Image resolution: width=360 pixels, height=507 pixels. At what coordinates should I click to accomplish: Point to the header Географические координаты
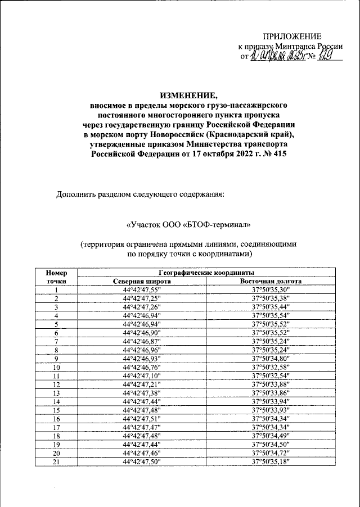pos(206,271)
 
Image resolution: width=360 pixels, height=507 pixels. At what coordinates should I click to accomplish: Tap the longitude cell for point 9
pos(271,358)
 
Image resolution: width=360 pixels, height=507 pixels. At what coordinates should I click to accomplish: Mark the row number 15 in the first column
pos(57,410)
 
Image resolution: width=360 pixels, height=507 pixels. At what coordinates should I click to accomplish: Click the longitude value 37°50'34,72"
pos(271,452)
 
